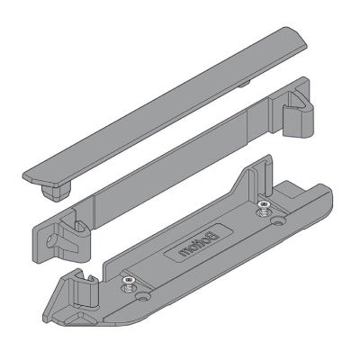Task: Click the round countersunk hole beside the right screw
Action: tap(277, 221)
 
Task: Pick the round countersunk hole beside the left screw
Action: tap(143, 297)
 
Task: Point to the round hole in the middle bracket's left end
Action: tap(49, 241)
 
